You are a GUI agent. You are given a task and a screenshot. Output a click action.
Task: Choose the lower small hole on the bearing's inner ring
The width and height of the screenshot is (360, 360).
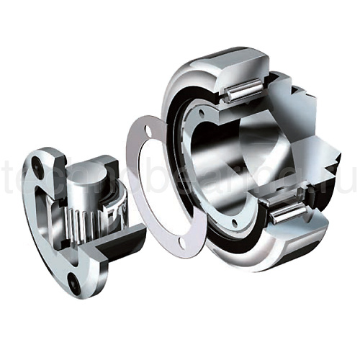236,220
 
